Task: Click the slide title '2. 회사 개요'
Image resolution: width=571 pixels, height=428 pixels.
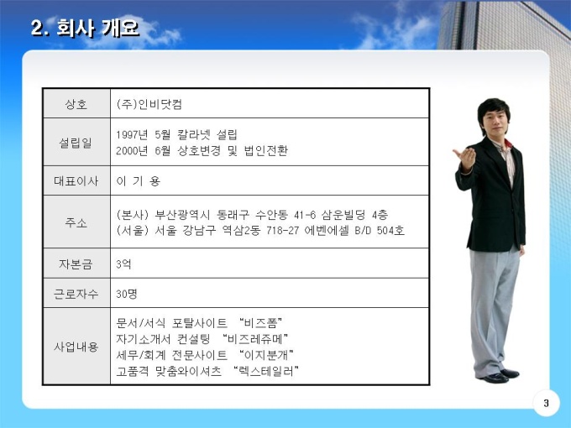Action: tap(85, 28)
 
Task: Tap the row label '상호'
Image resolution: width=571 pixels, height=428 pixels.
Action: tap(76, 104)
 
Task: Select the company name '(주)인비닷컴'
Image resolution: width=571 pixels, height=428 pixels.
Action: tap(149, 104)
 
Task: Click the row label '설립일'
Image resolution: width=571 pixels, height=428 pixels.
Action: tap(76, 143)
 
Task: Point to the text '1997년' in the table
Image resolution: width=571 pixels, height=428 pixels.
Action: tap(132, 134)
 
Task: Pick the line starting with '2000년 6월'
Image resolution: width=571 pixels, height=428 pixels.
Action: tap(202, 150)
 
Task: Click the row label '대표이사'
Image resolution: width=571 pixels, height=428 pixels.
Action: tap(76, 181)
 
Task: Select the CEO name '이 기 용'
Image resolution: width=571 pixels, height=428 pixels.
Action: tap(139, 181)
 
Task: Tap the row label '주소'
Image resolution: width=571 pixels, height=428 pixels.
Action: tap(76, 222)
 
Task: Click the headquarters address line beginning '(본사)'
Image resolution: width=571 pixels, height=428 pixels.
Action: tap(252, 215)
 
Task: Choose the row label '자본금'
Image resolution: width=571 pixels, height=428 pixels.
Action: tap(76, 264)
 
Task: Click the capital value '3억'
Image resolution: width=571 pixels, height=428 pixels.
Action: tap(123, 264)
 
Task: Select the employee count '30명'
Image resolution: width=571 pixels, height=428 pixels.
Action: tap(127, 294)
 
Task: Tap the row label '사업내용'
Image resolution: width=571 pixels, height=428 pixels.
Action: tap(76, 347)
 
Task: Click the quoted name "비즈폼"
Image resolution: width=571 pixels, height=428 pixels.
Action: tap(261, 323)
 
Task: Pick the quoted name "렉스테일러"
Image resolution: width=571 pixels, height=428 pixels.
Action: tap(266, 371)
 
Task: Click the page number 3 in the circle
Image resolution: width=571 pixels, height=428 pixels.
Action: tap(547, 403)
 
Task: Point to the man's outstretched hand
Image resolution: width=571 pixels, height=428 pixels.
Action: tap(465, 157)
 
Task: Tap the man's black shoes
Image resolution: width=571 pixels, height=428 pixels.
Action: tap(499, 376)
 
